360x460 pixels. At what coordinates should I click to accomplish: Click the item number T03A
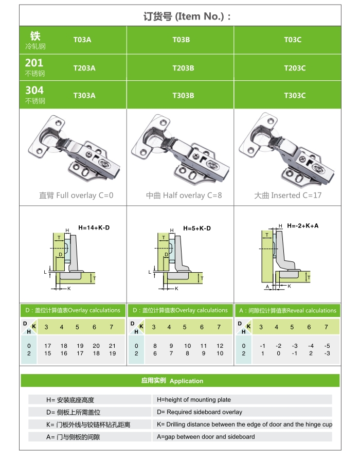click(x=82, y=40)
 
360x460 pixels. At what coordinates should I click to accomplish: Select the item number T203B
click(x=183, y=68)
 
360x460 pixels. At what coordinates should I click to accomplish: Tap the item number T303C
click(x=295, y=95)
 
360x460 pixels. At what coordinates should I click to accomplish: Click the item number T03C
click(x=293, y=40)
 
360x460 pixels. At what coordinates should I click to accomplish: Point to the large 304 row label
click(x=34, y=90)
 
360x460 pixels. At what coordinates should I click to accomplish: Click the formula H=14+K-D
click(x=94, y=227)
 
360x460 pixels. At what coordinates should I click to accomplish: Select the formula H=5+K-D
click(x=197, y=228)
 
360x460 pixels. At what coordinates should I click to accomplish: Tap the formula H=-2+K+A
click(x=303, y=225)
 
